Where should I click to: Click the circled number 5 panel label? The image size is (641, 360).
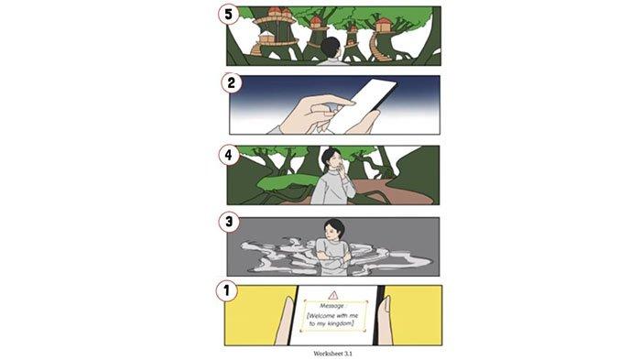tap(229, 15)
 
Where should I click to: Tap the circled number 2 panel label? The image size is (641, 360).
tap(232, 83)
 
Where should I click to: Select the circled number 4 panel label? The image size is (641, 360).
tap(229, 155)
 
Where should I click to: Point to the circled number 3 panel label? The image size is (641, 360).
tap(229, 222)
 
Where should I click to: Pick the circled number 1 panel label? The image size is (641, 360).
tap(226, 291)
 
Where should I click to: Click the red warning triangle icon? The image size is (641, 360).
tap(333, 295)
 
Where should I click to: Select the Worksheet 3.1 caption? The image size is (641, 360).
tap(332, 354)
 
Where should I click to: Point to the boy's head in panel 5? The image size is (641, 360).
tap(331, 48)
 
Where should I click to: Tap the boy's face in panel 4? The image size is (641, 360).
tap(336, 159)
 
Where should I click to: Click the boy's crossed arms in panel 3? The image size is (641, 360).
tap(333, 256)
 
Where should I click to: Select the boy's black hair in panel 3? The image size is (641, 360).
tap(334, 226)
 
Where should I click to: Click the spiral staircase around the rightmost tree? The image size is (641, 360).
tap(375, 46)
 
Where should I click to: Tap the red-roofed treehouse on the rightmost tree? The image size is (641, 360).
tap(383, 25)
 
